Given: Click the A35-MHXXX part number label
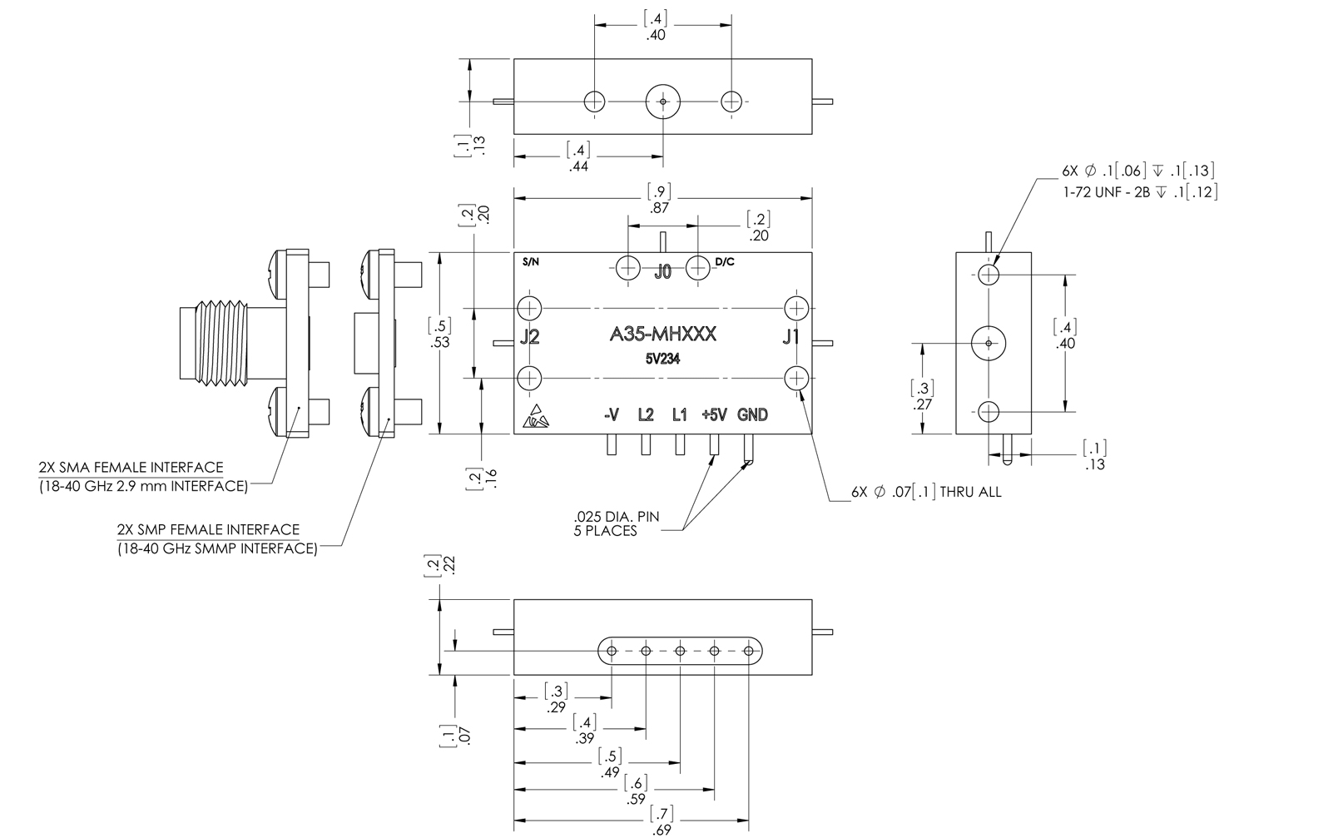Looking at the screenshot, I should pos(662,335).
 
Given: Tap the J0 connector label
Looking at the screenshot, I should pos(662,270).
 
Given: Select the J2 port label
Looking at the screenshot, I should pos(529,337).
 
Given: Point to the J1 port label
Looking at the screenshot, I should pos(790,337).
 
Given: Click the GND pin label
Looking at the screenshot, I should pos(752,414).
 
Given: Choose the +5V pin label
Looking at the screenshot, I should pos(713,414).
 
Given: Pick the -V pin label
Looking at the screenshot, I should pos(612,414).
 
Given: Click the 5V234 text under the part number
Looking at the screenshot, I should pos(662,360).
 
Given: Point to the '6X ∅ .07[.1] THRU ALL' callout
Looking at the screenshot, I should pos(926,492).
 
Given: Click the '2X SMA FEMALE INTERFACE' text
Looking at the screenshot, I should pos(131,467).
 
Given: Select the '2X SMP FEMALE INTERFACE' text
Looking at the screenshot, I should pos(208,529).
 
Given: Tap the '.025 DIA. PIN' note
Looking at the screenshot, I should pos(616,517).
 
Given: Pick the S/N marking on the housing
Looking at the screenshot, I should pos(530,262).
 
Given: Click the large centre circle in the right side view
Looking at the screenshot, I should pos(989,343).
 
